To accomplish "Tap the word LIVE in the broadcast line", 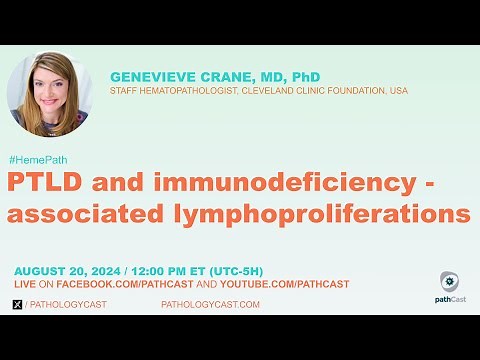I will click(x=25, y=284).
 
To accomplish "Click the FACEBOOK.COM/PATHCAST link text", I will click(x=112, y=284).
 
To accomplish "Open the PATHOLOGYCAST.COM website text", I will click(x=210, y=303).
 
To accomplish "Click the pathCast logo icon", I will click(x=449, y=281).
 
